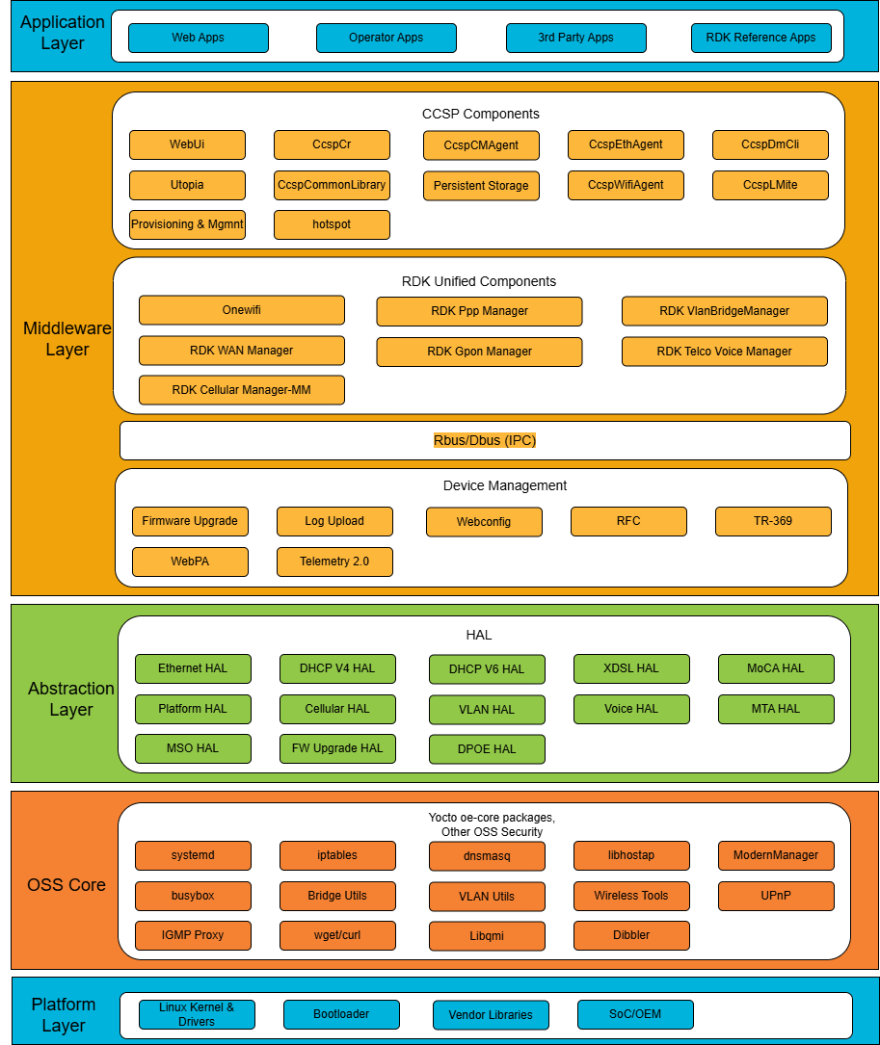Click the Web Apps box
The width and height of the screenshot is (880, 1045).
tap(198, 38)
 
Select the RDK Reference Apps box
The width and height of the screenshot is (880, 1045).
tap(760, 38)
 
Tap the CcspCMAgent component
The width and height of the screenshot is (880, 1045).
tap(481, 145)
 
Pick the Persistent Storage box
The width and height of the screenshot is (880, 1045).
tap(481, 186)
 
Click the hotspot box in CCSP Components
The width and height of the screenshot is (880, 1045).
tap(332, 224)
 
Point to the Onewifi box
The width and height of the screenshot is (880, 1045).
tap(241, 310)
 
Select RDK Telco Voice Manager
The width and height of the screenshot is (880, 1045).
tap(724, 352)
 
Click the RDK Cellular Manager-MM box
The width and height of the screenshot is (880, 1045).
tap(241, 390)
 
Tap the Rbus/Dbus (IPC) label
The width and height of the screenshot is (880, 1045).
tap(484, 440)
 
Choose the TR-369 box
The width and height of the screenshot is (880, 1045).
tap(773, 521)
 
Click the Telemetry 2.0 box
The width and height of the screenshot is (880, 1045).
tap(334, 562)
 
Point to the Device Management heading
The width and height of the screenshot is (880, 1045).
tap(505, 485)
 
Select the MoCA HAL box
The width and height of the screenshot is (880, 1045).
tap(776, 668)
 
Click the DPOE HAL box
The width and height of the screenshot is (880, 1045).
tap(487, 749)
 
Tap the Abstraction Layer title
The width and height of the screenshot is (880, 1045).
tap(70, 699)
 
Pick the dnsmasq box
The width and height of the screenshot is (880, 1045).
tap(487, 856)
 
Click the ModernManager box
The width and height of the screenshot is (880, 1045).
tap(776, 855)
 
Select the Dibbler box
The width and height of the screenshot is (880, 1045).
tap(631, 935)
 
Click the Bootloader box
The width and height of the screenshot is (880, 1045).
tap(341, 1014)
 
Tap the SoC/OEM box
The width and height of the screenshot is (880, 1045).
tap(635, 1014)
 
